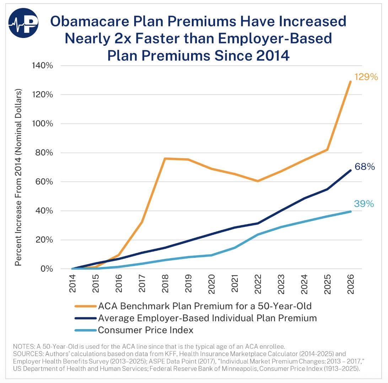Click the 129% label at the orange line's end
(366, 77)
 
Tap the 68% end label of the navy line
(365, 166)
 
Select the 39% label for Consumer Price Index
(363, 204)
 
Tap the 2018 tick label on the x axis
(166, 285)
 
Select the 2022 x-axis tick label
(258, 285)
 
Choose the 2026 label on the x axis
(351, 285)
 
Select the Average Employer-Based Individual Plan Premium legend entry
(207, 318)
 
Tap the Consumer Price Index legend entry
(146, 330)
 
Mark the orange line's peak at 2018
(166, 159)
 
